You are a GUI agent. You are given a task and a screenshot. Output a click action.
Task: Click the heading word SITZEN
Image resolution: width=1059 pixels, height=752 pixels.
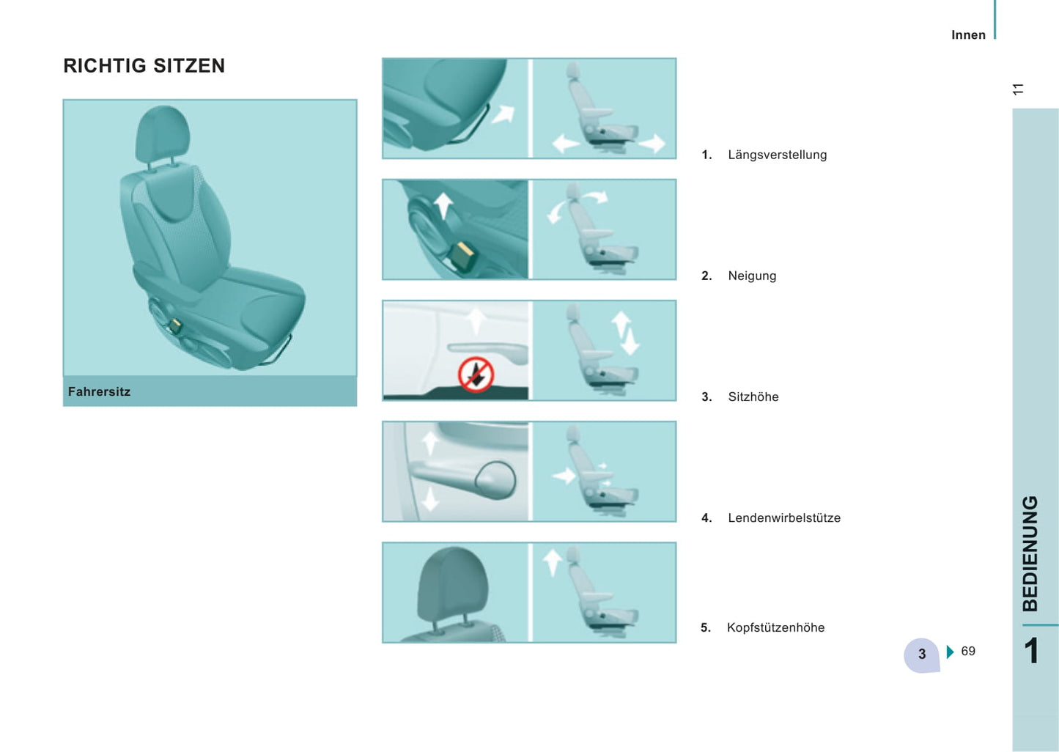[189, 66]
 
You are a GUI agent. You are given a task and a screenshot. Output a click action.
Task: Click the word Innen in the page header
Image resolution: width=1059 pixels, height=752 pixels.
[968, 35]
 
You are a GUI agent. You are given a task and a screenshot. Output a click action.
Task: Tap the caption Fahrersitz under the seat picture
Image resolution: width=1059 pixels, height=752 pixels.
[99, 391]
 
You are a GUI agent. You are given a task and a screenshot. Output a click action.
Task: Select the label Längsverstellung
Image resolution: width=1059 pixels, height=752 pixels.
[778, 155]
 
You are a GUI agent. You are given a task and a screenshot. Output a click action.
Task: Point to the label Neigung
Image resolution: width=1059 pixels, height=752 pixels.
[752, 276]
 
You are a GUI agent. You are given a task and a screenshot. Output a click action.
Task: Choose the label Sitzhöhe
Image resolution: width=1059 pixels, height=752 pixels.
[753, 397]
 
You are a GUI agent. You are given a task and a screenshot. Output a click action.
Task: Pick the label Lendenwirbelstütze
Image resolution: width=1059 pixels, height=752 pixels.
[784, 518]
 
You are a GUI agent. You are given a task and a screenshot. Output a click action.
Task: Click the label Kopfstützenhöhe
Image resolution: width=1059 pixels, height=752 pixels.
[776, 627]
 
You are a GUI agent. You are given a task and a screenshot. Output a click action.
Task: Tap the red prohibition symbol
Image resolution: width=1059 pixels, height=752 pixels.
[476, 375]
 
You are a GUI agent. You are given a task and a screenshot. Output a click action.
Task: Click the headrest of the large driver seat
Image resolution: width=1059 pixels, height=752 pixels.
[163, 134]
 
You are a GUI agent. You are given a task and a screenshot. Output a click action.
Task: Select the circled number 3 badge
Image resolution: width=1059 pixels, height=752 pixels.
[921, 655]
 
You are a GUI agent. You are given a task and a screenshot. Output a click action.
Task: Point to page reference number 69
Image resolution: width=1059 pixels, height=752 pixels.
[967, 652]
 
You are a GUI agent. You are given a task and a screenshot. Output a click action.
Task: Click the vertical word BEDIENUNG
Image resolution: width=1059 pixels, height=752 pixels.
[1030, 553]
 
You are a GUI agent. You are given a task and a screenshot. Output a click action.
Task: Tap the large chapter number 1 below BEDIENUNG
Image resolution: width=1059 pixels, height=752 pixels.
[1031, 651]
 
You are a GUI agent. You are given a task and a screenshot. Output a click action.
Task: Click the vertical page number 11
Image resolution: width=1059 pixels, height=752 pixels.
[1018, 89]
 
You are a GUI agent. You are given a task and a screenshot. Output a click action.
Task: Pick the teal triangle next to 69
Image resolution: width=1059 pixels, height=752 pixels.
[951, 652]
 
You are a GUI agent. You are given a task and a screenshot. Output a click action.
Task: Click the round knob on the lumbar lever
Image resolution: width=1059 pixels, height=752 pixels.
[495, 480]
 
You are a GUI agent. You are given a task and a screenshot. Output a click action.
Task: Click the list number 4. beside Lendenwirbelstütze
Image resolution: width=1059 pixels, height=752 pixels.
[706, 518]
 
